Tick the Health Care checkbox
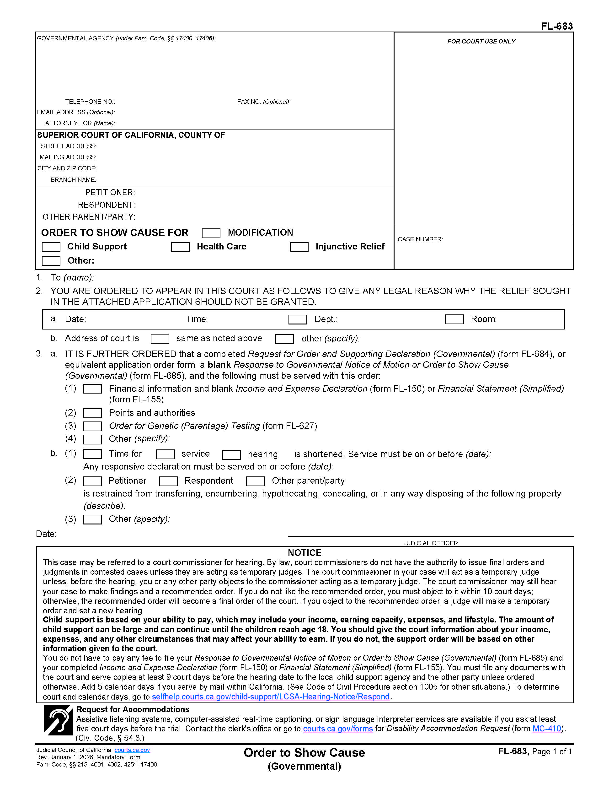[180, 247]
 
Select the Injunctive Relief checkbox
[299, 247]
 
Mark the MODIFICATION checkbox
[211, 233]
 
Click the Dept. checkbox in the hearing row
[298, 319]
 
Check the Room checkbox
[454, 319]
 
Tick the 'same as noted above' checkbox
[160, 338]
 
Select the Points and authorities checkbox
[92, 413]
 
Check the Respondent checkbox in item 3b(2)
[169, 481]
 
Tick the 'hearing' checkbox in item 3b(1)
[231, 454]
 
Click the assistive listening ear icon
[58, 720]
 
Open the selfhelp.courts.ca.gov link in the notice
[270, 697]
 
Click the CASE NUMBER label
[420, 239]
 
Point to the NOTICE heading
[304, 552]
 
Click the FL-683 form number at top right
[557, 26]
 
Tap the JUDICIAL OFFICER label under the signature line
[431, 543]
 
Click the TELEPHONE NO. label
[90, 102]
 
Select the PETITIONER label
[110, 192]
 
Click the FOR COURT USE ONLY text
[481, 41]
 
